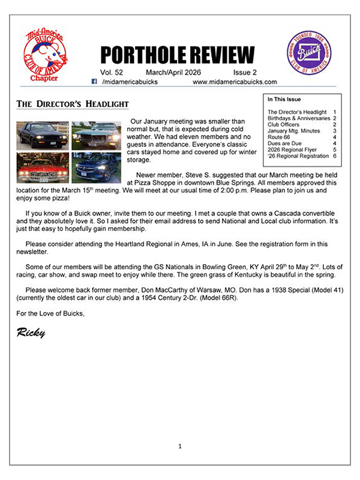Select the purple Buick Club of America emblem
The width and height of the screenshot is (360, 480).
[x=309, y=53]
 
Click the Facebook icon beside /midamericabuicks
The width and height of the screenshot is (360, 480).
[x=95, y=82]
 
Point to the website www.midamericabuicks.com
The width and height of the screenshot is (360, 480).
[x=235, y=82]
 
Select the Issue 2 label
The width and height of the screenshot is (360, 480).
[x=245, y=73]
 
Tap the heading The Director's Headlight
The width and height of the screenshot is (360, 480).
[x=72, y=104]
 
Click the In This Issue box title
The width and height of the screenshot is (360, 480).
[x=284, y=100]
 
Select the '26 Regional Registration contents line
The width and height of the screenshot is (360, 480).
[x=298, y=156]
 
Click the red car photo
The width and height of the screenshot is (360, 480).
[x=43, y=167]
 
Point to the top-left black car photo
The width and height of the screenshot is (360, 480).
[x=43, y=135]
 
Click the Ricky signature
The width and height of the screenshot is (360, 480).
[x=31, y=332]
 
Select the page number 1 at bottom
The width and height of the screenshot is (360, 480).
[x=180, y=446]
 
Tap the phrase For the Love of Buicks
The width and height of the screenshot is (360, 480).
[x=51, y=313]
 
